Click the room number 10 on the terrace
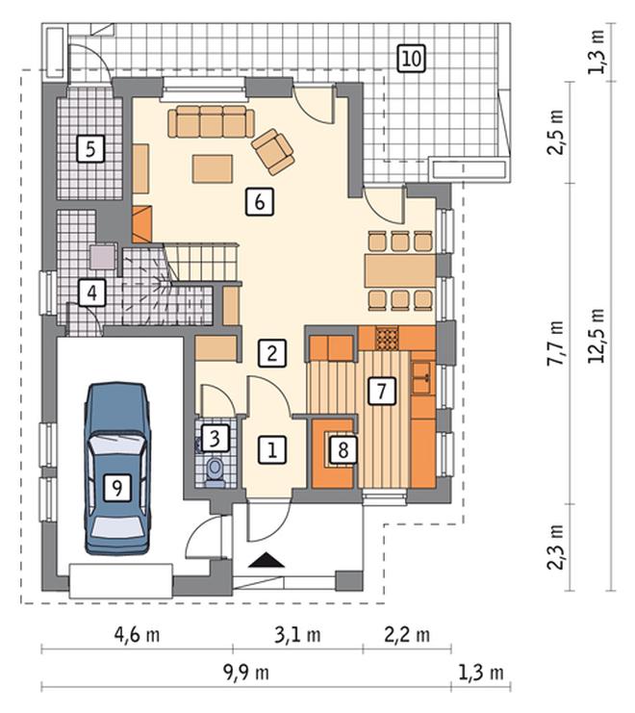coord(412,59)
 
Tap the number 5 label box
coord(90,149)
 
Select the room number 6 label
coord(259,201)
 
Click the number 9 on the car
coord(117,489)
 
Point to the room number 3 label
coord(215,439)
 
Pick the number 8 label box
coord(343,450)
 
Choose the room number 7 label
coord(381,391)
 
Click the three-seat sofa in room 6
coord(212,121)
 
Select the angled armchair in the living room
coord(273,151)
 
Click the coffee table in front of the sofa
coord(213,168)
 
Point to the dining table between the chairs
coord(400,271)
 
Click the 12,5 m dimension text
coord(596,336)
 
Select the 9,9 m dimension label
coord(246,673)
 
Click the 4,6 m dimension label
coord(137,635)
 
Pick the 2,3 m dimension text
coord(555,547)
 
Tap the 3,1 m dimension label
coord(297,635)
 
